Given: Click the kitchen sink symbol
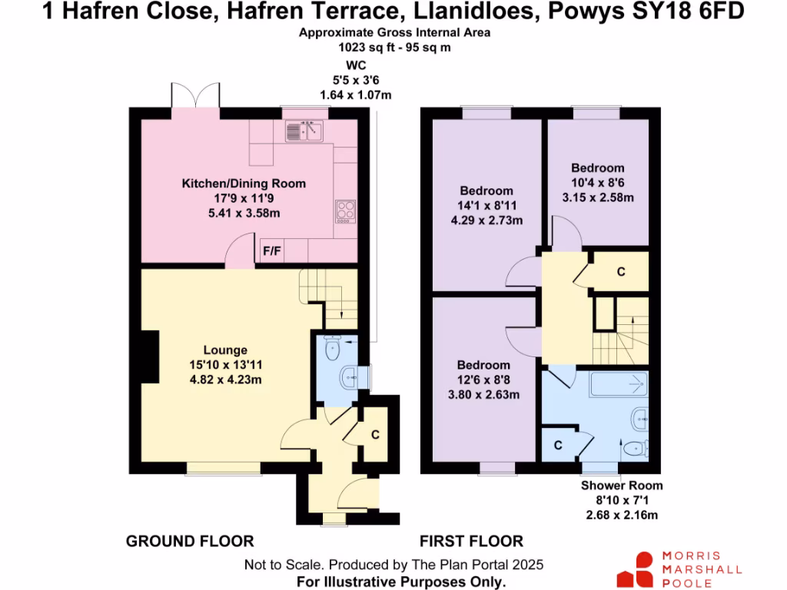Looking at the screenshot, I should [306, 132].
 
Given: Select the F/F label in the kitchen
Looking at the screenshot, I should [271, 250].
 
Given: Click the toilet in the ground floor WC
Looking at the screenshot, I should [332, 350].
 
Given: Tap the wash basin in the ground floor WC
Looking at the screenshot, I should [350, 377].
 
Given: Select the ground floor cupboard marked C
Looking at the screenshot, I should [374, 435].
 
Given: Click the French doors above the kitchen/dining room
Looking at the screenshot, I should [197, 95].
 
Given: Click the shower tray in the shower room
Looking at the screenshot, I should [618, 383].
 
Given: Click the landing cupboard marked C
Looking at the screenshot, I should [620, 272].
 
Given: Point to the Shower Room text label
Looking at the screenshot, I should [621, 486].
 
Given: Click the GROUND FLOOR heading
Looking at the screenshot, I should [190, 541].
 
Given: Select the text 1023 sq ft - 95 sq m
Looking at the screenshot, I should [395, 47].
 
